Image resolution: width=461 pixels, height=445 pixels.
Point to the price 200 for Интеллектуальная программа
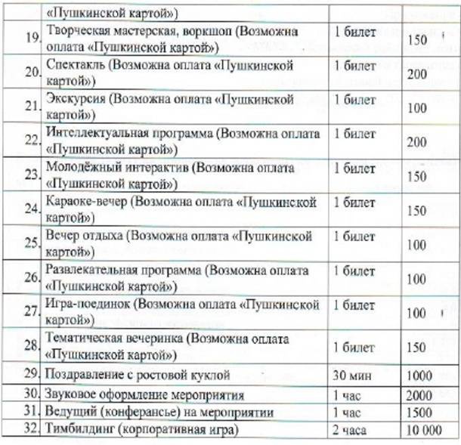(x=416, y=141)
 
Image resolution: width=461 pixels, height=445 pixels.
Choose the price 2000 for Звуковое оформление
(x=419, y=395)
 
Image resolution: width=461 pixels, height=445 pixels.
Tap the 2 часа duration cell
(x=350, y=431)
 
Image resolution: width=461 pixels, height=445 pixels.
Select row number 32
(x=31, y=431)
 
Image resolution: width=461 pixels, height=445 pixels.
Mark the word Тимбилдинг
(x=82, y=431)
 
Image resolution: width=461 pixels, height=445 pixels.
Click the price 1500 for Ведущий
(x=419, y=413)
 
